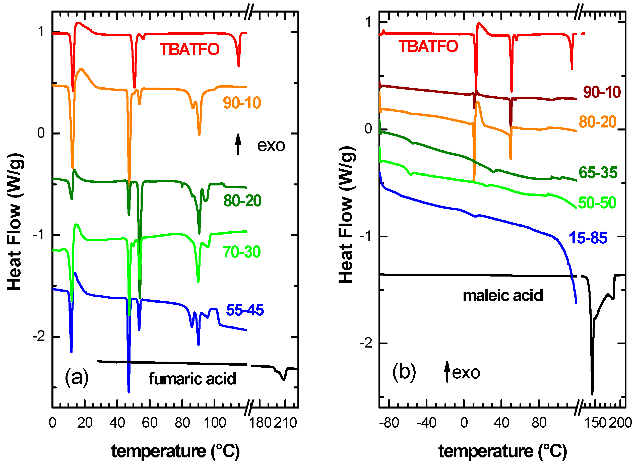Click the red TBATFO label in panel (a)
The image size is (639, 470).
tap(189, 49)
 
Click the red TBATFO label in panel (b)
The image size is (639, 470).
tap(428, 46)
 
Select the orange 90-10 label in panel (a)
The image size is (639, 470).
tap(242, 103)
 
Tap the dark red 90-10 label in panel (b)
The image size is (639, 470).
tap(602, 92)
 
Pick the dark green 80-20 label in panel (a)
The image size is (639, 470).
tap(242, 201)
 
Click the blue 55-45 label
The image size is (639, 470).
tap(245, 310)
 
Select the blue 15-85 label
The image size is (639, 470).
tap(588, 238)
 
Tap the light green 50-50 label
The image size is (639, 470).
tap(597, 203)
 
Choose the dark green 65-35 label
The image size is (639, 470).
tap(598, 173)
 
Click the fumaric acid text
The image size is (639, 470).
tap(192, 379)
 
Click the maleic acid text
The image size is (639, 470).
tap(503, 296)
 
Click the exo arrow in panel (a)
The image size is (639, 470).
tap(238, 144)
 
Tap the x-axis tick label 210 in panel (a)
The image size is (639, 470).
tap(286, 423)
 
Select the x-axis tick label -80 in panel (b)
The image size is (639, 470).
tap(389, 423)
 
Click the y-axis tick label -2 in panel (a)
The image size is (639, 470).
tap(39, 337)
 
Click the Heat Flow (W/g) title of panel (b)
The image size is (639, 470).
tap(346, 215)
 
